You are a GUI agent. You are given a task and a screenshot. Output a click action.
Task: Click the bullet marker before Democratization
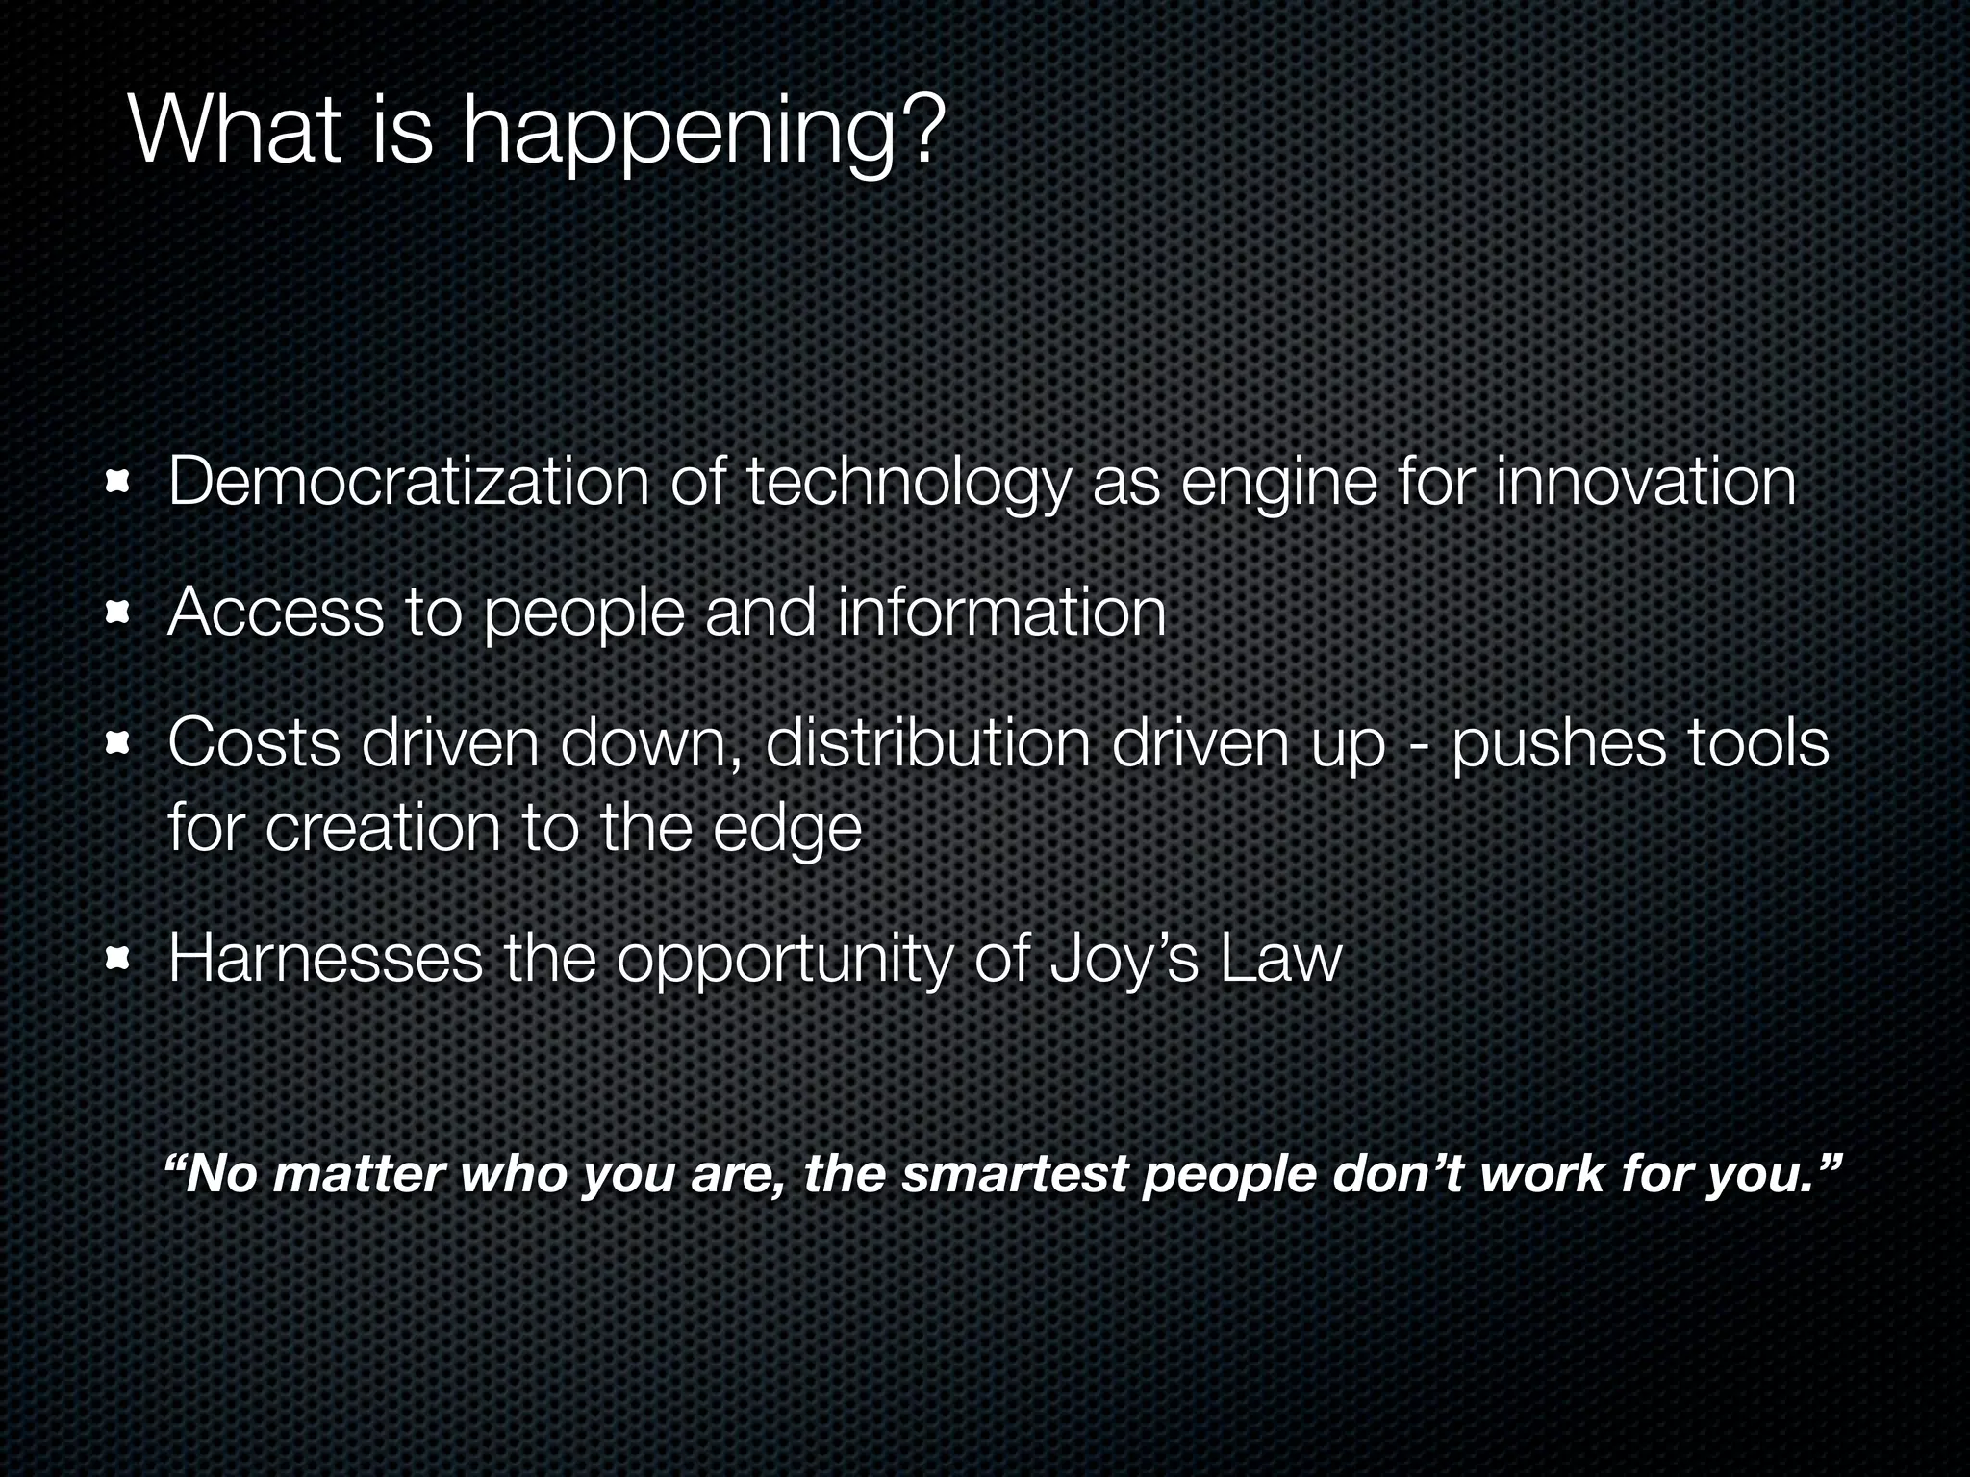point(118,481)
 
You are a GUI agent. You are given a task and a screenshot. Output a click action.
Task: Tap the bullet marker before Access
point(118,613)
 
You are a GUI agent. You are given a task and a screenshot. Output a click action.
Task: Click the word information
point(1001,613)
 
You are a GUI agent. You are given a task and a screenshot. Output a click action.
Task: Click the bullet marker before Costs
point(118,744)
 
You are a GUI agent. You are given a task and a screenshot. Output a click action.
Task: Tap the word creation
point(382,827)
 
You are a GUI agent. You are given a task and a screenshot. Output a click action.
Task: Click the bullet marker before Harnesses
point(118,959)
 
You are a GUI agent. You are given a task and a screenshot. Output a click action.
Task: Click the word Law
point(1280,959)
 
